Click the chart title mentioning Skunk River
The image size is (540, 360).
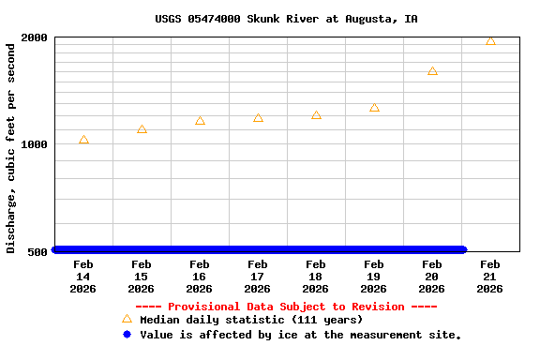point(286,19)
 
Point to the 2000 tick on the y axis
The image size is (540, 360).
point(35,37)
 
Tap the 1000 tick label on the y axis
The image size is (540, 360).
point(35,144)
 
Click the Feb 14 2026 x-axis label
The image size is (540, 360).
point(82,277)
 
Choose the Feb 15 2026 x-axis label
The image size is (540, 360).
point(141,277)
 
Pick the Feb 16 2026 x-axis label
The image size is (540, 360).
point(199,277)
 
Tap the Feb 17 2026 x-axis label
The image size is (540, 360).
point(257,277)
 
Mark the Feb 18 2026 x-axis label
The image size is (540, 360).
point(315,277)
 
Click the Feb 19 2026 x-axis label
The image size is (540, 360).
point(373,277)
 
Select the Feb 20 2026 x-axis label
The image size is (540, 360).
point(431,277)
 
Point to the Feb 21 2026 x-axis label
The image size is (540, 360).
point(489,277)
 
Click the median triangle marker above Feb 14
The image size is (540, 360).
point(83,140)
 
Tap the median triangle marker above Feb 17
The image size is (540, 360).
point(258,118)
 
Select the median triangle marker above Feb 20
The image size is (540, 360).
point(432,70)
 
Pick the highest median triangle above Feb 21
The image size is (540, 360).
point(490,40)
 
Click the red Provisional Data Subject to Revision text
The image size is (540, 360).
point(286,307)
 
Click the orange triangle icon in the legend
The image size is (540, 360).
point(127,319)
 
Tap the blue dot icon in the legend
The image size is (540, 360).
point(127,334)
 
